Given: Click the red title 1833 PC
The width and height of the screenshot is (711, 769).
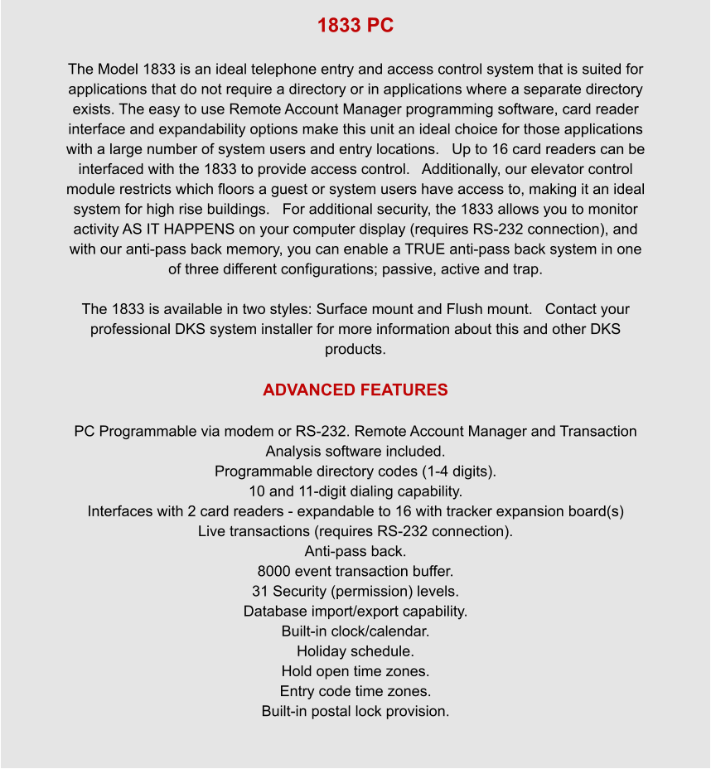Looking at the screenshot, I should (355, 26).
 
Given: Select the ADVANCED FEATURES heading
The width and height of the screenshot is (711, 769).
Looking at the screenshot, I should (355, 389).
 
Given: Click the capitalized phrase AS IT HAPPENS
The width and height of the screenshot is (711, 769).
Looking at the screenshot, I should (168, 230).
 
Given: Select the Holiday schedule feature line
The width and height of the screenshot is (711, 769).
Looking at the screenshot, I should (355, 651).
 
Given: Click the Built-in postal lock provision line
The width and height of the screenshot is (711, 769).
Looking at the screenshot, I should (355, 711).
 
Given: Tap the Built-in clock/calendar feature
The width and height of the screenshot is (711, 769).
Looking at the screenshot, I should (355, 631).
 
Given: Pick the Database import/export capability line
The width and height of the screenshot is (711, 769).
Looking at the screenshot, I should (355, 612).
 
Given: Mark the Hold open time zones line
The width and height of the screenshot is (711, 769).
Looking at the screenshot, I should (355, 671).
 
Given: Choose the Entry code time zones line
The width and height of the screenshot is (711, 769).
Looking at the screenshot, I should (355, 691).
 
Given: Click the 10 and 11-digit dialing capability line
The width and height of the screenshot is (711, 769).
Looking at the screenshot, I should (355, 491).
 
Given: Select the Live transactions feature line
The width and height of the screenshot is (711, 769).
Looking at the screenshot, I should (355, 531).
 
